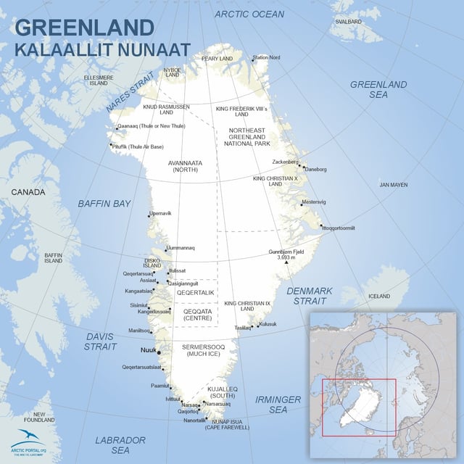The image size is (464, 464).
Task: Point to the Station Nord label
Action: click(x=266, y=57)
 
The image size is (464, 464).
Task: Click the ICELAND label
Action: click(x=378, y=296)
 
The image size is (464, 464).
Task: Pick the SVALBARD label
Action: click(x=349, y=22)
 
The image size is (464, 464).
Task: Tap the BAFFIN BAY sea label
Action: click(x=105, y=204)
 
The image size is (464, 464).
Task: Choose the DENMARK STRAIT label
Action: click(x=309, y=296)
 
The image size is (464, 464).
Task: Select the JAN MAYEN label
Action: click(x=394, y=185)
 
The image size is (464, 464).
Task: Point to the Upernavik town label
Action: click(x=160, y=213)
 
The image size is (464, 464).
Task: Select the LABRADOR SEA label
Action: click(x=120, y=445)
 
